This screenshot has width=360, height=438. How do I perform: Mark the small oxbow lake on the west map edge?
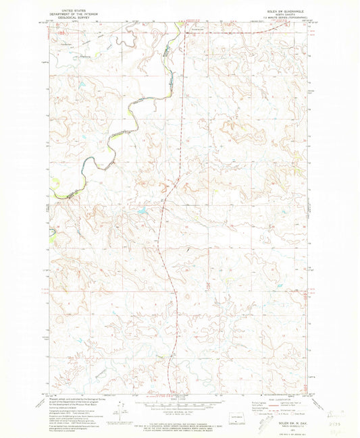51,234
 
